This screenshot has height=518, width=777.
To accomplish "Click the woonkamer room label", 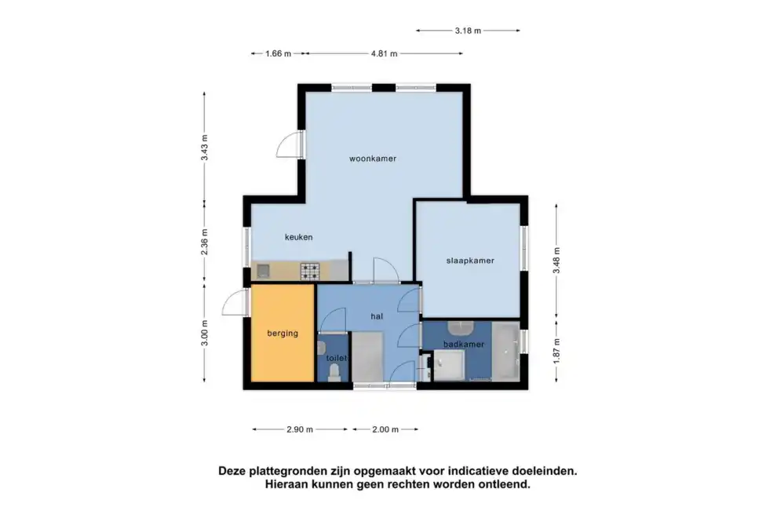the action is (373, 159).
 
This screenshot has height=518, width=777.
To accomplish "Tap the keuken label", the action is (298, 237).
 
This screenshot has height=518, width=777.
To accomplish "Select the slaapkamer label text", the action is (470, 261).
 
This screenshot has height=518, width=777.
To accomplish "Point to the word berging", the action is (283, 333).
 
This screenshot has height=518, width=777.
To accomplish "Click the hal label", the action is (377, 316).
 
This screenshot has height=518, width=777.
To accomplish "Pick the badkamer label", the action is (463, 344).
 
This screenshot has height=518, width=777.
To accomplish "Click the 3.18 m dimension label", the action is (468, 31).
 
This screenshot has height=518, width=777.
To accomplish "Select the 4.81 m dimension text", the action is (384, 53).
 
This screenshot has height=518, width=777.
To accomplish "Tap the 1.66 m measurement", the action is (278, 53).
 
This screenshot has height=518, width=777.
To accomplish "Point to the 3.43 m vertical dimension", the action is (204, 148).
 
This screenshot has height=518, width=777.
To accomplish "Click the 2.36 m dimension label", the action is (204, 242).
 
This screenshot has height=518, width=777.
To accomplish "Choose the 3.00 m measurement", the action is (204, 333).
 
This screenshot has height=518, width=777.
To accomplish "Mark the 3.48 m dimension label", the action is (556, 261).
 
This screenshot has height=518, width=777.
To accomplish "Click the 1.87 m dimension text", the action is (556, 351).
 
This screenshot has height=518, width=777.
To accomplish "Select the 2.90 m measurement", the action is (299, 429).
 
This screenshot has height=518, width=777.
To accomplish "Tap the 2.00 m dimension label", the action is (385, 429).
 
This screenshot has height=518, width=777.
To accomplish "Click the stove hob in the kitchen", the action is (310, 271).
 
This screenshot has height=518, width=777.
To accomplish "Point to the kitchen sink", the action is (263, 271).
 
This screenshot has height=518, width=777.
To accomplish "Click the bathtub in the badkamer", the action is (505, 351).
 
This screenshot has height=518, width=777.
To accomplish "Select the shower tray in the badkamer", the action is (449, 365).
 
